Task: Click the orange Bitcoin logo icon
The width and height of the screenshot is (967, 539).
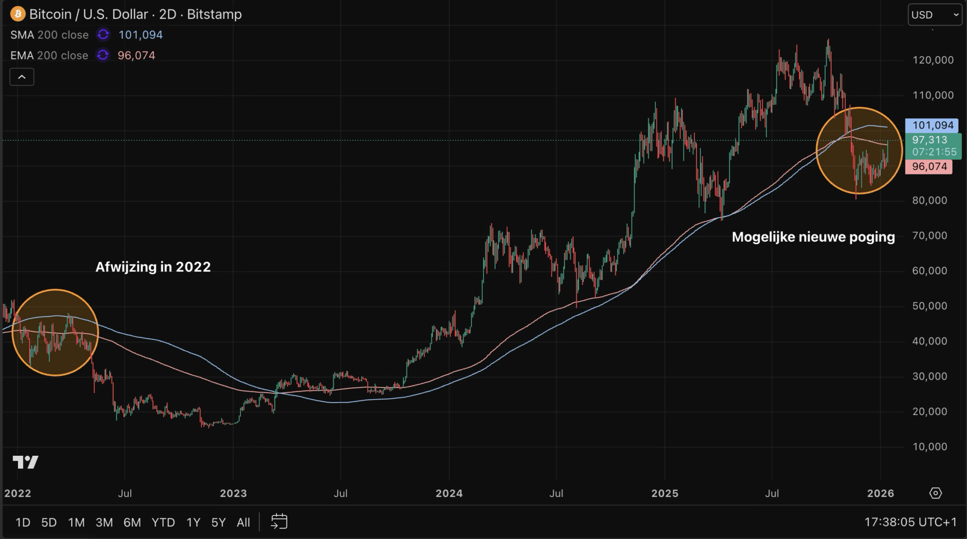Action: [x=18, y=14]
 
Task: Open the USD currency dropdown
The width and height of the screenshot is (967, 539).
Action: [x=934, y=15]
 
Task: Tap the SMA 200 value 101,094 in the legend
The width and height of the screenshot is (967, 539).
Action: [x=140, y=35]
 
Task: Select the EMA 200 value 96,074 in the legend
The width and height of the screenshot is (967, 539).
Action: [x=136, y=56]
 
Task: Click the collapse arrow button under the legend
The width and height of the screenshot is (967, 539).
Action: [x=22, y=77]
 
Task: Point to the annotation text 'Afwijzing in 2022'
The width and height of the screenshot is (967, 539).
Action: [x=153, y=267]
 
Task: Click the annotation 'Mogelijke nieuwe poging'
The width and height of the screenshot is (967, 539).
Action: [x=813, y=237]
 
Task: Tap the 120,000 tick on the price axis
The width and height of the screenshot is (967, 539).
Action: [x=933, y=60]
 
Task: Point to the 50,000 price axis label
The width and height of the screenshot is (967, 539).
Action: [x=929, y=306]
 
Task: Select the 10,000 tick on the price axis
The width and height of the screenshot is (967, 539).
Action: [x=929, y=447]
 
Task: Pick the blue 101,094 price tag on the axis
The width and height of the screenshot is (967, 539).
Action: [x=932, y=125]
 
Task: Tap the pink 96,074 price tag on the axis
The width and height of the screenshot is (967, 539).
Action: [x=929, y=166]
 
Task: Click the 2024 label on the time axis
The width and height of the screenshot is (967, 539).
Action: [x=449, y=493]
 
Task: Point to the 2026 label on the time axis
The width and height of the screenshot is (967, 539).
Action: [x=880, y=493]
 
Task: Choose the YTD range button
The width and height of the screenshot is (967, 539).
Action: [x=163, y=522]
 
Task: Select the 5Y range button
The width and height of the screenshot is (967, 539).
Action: [x=218, y=522]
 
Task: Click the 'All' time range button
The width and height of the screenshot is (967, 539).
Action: [x=244, y=522]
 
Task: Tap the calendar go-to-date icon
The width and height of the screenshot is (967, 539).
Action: [x=279, y=522]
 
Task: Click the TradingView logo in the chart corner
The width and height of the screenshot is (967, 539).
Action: [x=26, y=462]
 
